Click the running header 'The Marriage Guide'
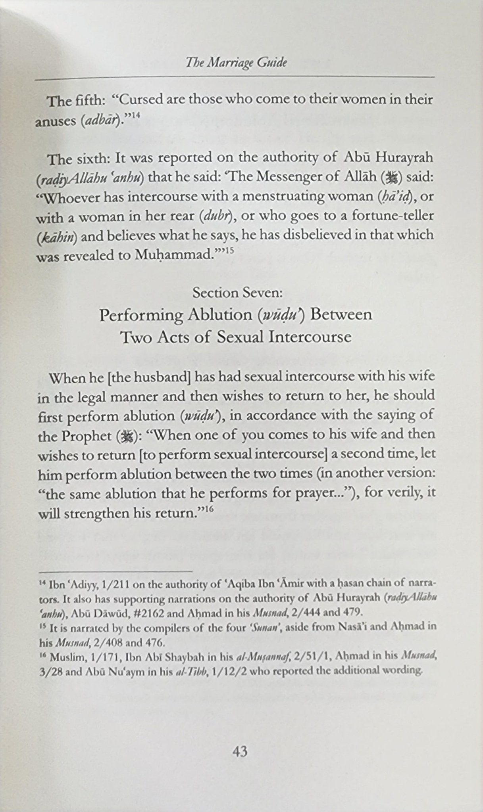click(237, 63)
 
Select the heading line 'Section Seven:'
click(237, 293)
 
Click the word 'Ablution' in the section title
click(221, 315)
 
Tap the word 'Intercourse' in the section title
click(310, 337)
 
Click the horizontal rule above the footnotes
click(115, 571)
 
